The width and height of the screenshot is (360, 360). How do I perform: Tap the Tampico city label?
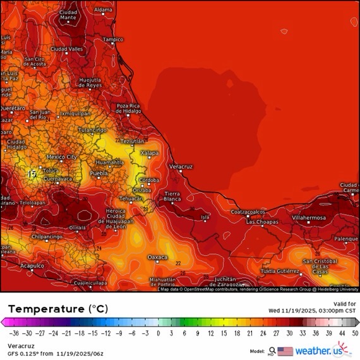[x=113, y=39]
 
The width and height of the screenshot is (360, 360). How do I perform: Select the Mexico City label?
[x=62, y=156]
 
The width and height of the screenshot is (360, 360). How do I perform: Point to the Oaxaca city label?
[x=157, y=257]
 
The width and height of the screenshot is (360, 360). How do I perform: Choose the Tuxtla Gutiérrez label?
[x=280, y=271]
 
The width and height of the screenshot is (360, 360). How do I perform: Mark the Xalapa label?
[x=149, y=153]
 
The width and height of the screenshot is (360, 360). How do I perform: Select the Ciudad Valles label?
[x=66, y=49]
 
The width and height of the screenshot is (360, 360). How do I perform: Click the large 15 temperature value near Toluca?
[x=32, y=173]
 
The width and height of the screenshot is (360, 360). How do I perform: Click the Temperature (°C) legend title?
[x=58, y=309]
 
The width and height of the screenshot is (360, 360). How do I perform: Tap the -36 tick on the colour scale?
[x=13, y=333]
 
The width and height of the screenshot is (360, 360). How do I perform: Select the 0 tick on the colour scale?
[x=158, y=333]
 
